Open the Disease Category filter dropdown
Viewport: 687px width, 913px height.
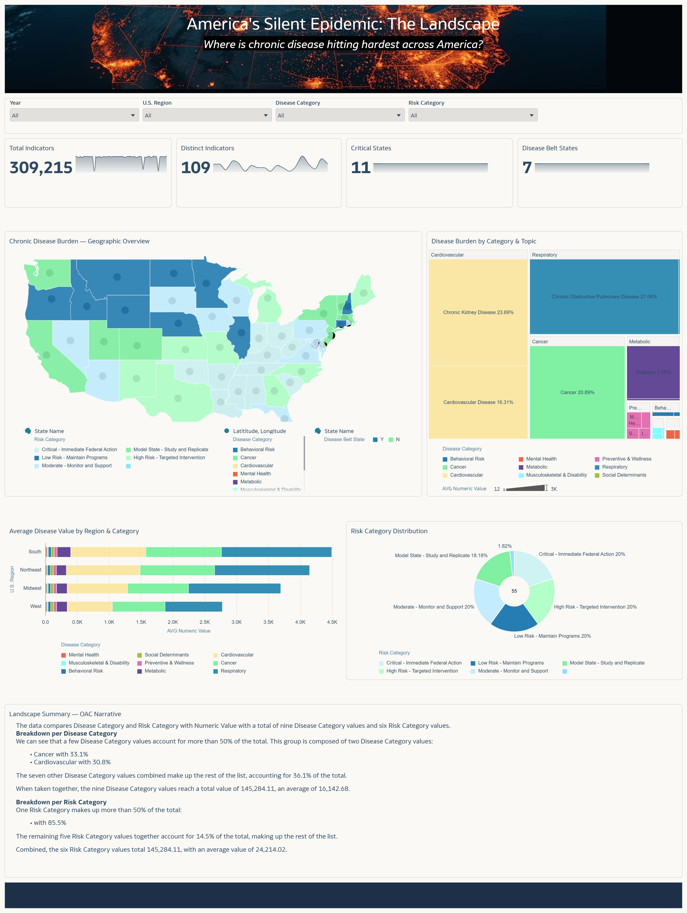(339, 115)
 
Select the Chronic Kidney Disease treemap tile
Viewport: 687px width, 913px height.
(478, 312)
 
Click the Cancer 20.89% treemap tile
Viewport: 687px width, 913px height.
(577, 392)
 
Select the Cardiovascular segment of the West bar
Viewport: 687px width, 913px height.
(89, 606)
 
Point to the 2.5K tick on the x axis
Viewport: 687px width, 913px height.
(205, 622)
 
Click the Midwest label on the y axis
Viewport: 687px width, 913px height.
(32, 588)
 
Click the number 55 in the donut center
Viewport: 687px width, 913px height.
(514, 591)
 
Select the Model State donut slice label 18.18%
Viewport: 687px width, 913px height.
(441, 556)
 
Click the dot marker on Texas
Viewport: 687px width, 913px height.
(178, 398)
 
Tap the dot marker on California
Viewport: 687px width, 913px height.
(47, 355)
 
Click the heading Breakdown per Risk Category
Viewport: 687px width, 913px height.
(61, 802)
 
